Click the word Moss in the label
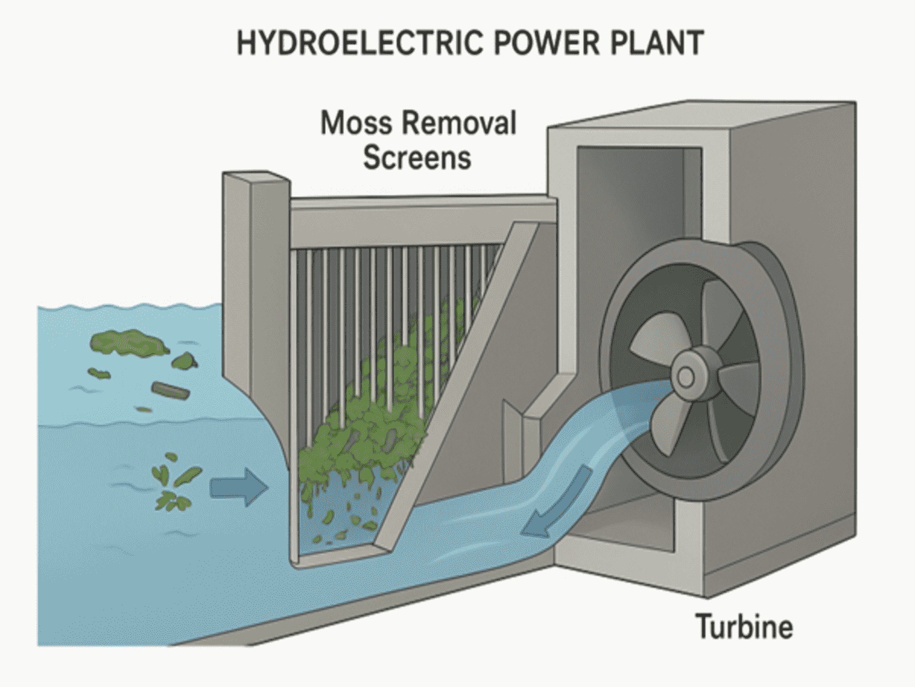click(x=355, y=123)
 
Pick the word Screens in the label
click(x=417, y=157)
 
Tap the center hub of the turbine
click(x=686, y=377)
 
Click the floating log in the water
click(x=170, y=391)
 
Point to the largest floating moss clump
click(x=129, y=342)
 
